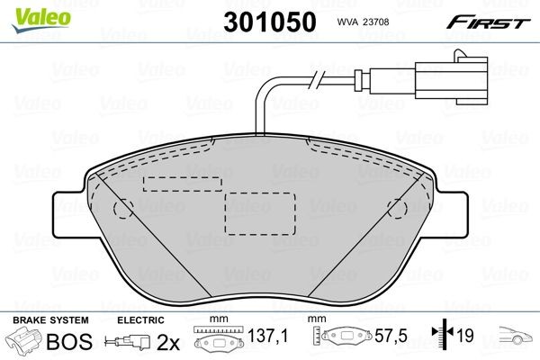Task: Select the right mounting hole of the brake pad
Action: pos(396,210)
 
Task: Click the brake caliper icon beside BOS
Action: pos(24,341)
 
